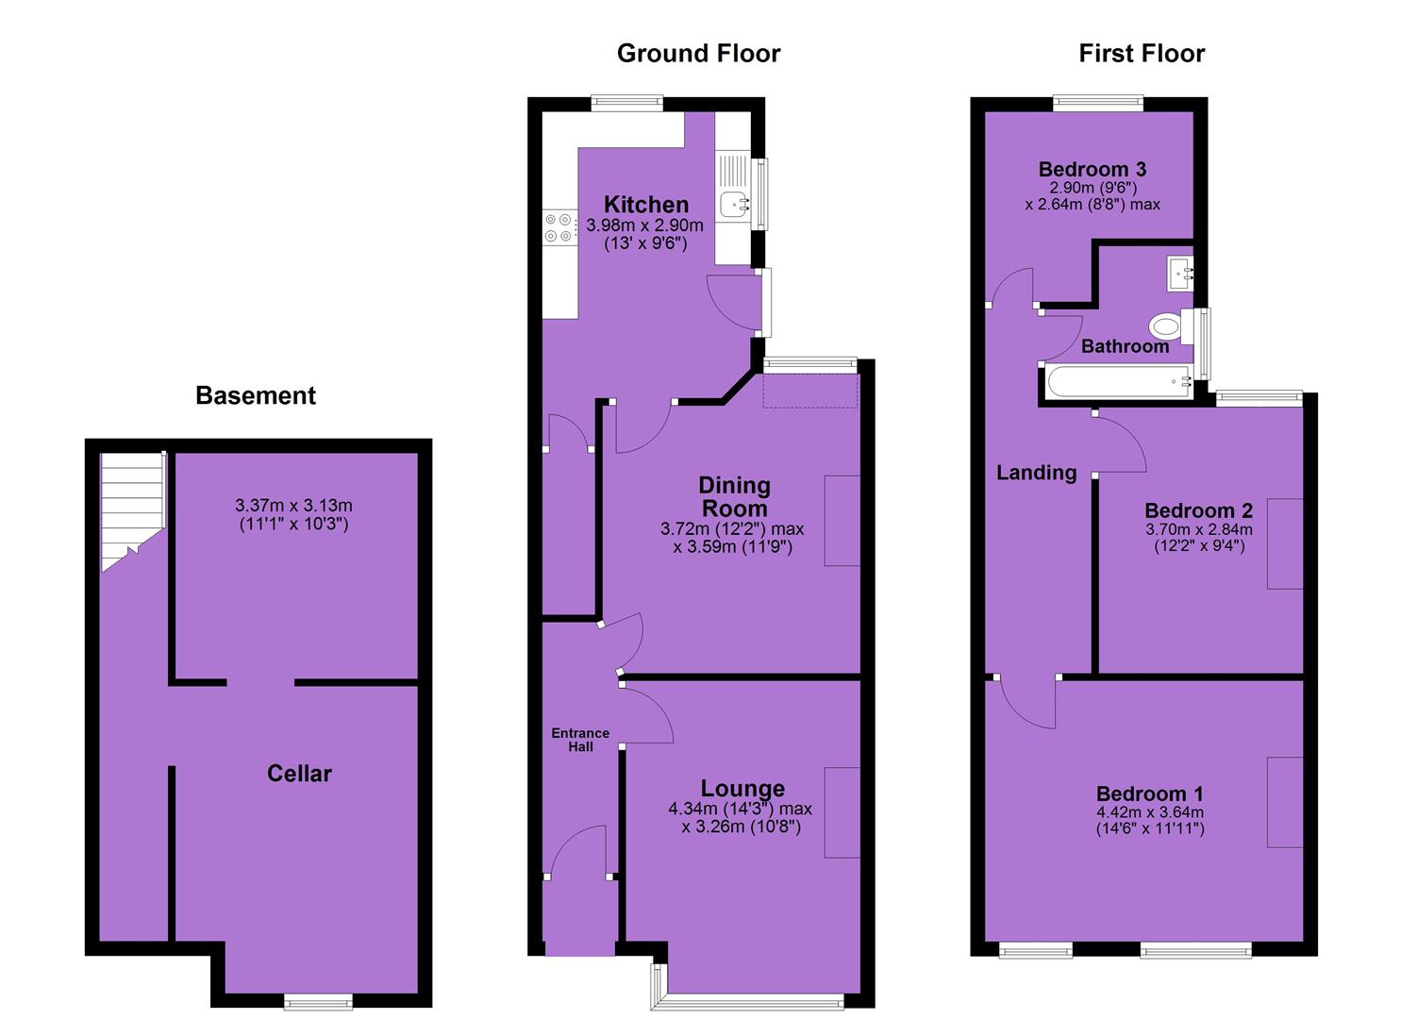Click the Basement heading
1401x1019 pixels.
pyautogui.click(x=255, y=395)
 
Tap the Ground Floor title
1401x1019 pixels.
pyautogui.click(x=699, y=54)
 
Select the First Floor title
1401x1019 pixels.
pyautogui.click(x=1142, y=54)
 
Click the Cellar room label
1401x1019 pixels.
pyautogui.click(x=299, y=773)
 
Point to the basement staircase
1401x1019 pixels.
pyautogui.click(x=133, y=509)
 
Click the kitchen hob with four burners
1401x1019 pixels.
pyautogui.click(x=559, y=227)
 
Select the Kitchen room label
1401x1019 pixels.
pyautogui.click(x=646, y=205)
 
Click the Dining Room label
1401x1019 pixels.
pyautogui.click(x=734, y=496)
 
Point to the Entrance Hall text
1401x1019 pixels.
pyautogui.click(x=580, y=740)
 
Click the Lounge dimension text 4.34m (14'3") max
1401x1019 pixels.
pyautogui.click(x=740, y=809)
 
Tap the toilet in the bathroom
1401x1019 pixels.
pyautogui.click(x=1168, y=326)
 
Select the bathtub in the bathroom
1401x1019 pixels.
pyautogui.click(x=1119, y=381)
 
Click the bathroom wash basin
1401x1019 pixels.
pyautogui.click(x=1180, y=274)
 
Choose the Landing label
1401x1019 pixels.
pyautogui.click(x=1037, y=473)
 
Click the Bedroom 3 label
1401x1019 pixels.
pyautogui.click(x=1092, y=169)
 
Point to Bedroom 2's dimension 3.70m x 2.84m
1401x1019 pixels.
pyautogui.click(x=1199, y=530)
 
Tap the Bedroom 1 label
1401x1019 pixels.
pyautogui.click(x=1149, y=793)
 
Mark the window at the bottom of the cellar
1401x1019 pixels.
pyautogui.click(x=318, y=1001)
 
